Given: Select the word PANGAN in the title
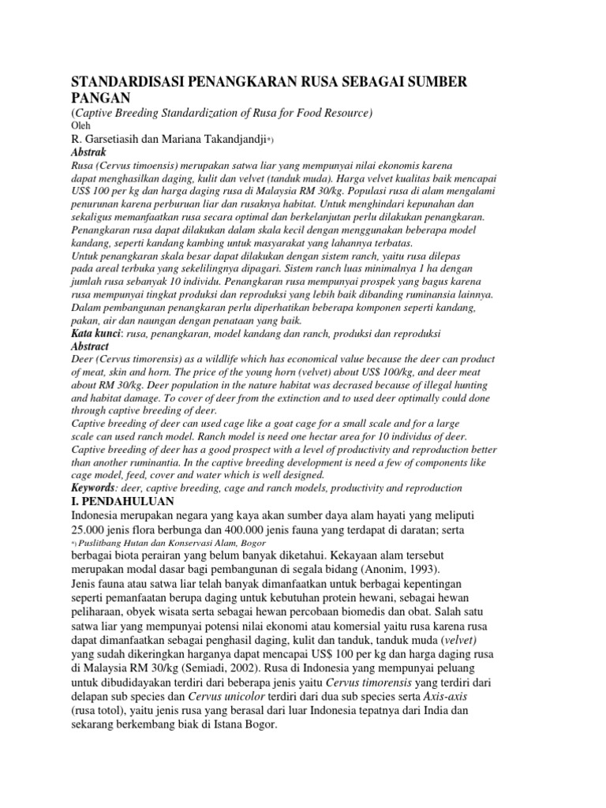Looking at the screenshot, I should pos(105,98).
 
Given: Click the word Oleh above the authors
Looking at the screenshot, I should pos(80,125).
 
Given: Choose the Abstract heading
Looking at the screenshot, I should pos(90,346).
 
